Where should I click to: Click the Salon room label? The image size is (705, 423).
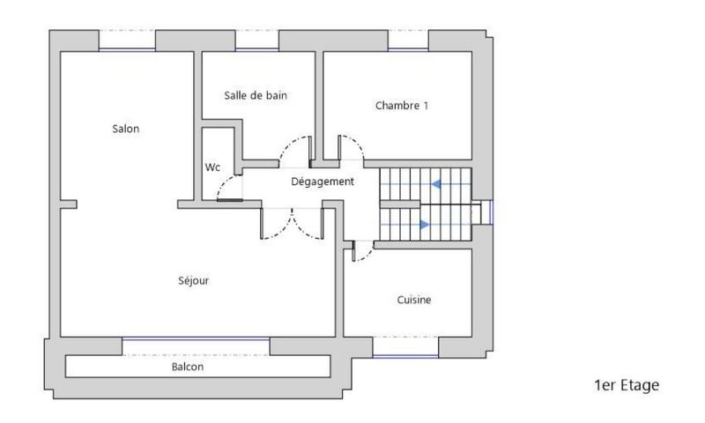point(125,129)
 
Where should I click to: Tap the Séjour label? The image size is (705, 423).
point(193,281)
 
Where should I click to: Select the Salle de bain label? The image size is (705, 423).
point(256,95)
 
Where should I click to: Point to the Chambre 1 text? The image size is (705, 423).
point(401,106)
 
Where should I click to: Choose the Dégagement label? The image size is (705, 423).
point(323,182)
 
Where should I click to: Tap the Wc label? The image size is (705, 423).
point(212,167)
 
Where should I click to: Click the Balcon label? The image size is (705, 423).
point(188,367)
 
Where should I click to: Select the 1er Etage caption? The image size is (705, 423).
point(626,385)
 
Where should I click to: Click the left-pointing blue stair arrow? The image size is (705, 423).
point(439,183)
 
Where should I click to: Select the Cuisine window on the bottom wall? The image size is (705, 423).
point(405,355)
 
